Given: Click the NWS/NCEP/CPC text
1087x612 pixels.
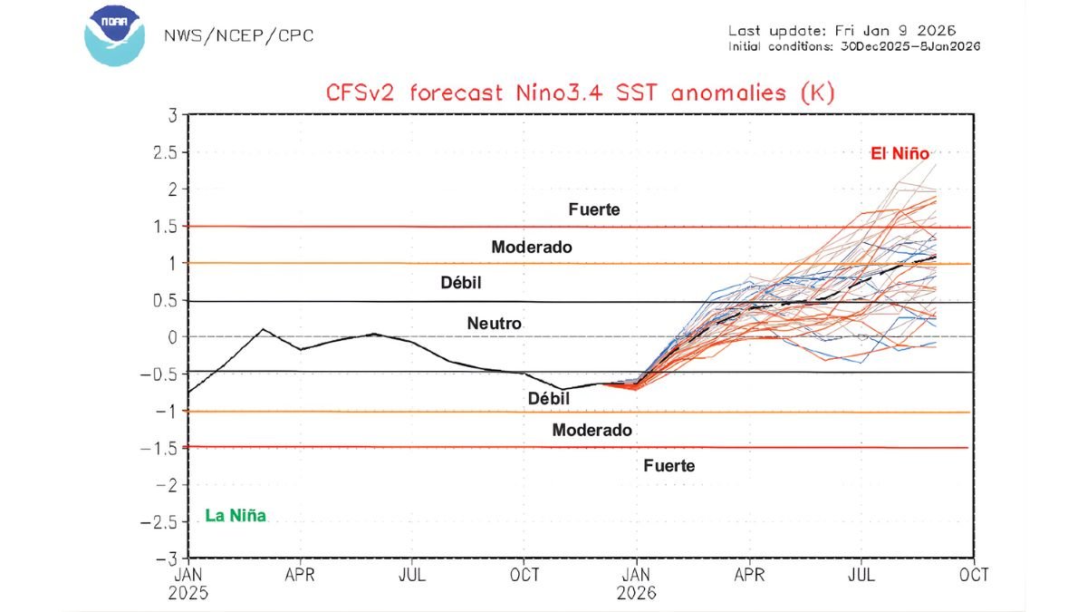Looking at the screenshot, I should (x=238, y=36).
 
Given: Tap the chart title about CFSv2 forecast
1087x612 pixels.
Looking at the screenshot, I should (x=581, y=92).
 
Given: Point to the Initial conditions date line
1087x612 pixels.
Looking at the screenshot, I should (x=853, y=46).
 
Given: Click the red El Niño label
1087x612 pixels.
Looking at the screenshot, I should (x=899, y=154).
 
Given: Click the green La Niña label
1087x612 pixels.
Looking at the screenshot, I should (x=236, y=517).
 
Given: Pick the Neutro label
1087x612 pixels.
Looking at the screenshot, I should (x=495, y=323).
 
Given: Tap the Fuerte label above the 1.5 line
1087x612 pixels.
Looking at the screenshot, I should (x=594, y=209).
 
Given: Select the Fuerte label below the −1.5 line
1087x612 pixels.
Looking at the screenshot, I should (x=669, y=466).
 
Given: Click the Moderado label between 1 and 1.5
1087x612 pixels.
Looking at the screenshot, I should (x=532, y=247).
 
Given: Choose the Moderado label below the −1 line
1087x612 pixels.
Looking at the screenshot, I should (x=592, y=431).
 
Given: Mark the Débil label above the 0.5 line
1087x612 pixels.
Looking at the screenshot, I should (x=461, y=284).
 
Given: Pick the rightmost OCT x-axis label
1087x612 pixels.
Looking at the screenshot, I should (x=975, y=575).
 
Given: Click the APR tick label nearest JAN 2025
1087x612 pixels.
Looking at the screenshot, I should (x=300, y=575).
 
